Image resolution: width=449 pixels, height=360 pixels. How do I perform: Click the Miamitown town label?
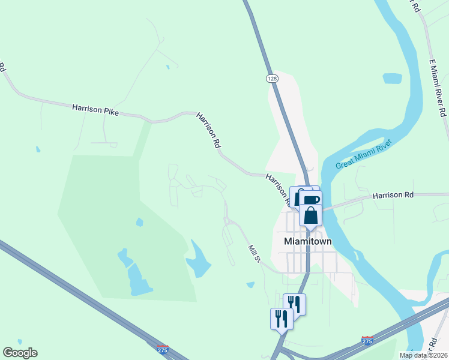[x=307, y=241]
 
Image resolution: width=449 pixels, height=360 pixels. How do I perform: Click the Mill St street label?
[x=254, y=253]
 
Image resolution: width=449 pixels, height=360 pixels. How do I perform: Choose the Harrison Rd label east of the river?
[x=393, y=195]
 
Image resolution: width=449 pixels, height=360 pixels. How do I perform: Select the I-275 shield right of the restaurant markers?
[x=367, y=340]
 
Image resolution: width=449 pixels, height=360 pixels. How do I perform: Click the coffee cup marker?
[x=311, y=200]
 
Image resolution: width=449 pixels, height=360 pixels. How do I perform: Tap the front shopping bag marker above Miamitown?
[x=310, y=215]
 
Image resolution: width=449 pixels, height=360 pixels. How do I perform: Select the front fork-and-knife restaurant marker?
[x=281, y=318]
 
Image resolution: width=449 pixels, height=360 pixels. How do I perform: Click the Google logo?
[x=20, y=353]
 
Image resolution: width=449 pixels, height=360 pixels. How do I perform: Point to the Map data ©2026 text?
[x=423, y=355]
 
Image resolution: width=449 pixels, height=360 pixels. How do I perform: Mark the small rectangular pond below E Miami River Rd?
[x=392, y=79]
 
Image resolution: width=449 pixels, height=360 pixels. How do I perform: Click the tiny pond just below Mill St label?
[x=250, y=285]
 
